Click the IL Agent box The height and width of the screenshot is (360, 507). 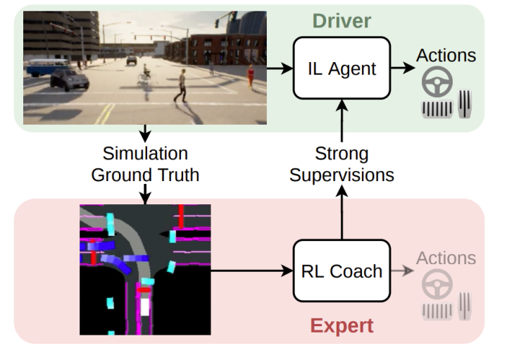342,68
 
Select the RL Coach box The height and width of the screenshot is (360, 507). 341,271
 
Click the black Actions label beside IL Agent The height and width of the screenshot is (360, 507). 446,54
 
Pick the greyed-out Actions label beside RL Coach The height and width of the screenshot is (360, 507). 446,259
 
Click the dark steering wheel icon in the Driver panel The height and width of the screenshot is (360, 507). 436,84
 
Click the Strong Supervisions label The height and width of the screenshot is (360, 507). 342,163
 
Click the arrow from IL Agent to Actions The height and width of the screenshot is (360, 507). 402,68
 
